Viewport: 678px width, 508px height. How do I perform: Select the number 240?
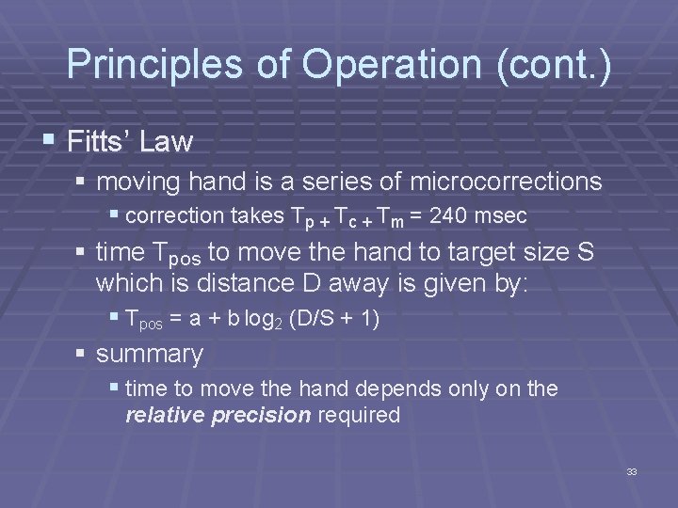pos(446,215)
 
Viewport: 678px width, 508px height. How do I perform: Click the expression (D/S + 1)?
pos(333,319)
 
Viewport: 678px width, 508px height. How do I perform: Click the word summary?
pos(149,355)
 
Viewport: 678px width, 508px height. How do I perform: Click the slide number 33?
pos(631,471)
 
